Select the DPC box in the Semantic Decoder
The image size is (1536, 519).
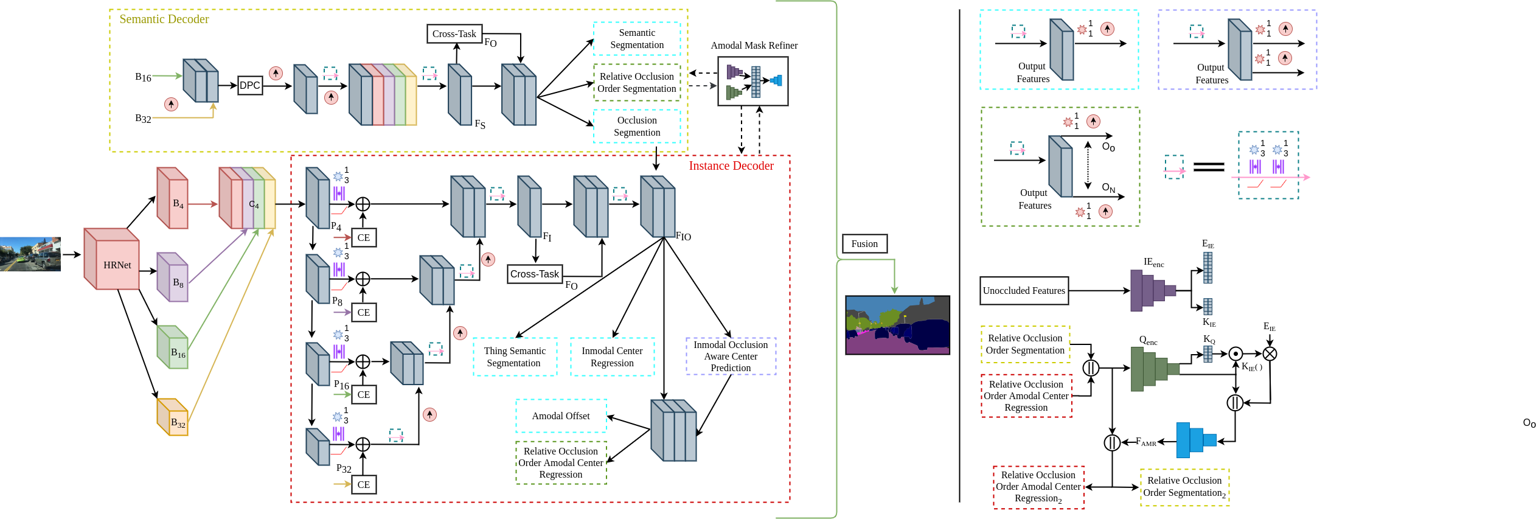click(249, 85)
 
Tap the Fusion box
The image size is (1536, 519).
click(864, 244)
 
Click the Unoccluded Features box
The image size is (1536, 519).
click(1024, 291)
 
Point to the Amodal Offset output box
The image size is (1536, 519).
click(561, 416)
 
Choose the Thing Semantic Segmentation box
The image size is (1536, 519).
click(515, 357)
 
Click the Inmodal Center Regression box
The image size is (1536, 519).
click(612, 357)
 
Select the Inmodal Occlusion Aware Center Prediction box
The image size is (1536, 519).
click(731, 357)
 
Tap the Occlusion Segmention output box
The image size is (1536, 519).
click(637, 127)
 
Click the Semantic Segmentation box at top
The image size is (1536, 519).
click(637, 39)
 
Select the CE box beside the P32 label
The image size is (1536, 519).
click(364, 485)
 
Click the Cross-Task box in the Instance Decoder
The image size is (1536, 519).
click(535, 274)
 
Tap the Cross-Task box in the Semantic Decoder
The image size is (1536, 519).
click(454, 34)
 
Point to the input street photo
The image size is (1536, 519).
click(30, 254)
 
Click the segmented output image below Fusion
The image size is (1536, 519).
click(897, 325)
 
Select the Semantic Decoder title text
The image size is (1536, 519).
click(164, 19)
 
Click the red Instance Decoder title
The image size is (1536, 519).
click(731, 166)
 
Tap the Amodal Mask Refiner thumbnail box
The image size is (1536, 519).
click(753, 82)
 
